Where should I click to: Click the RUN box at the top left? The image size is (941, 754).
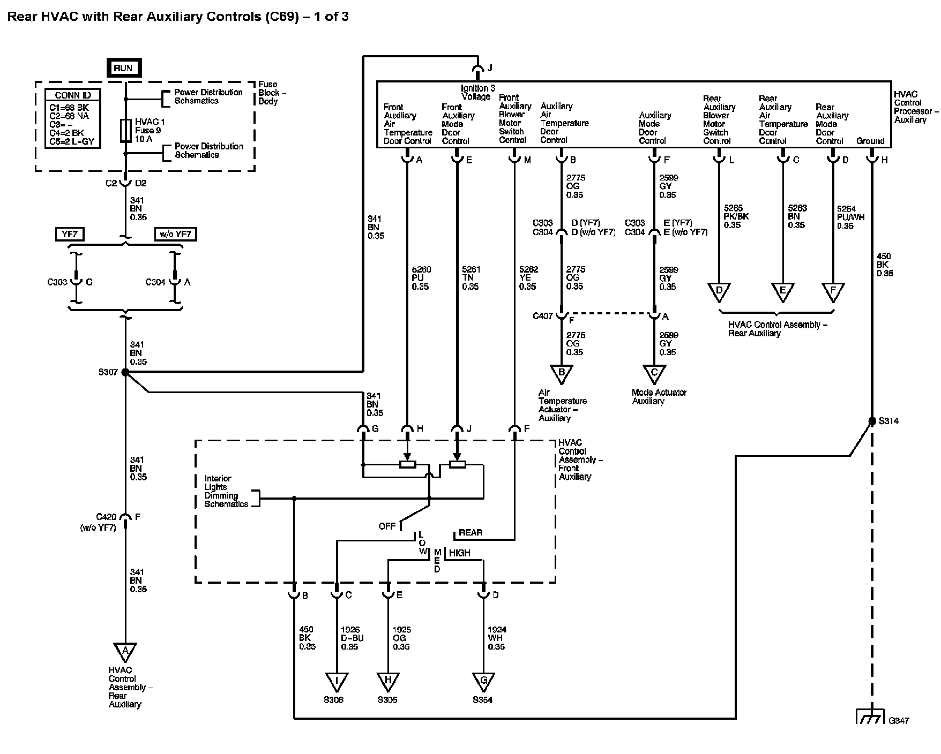(x=123, y=68)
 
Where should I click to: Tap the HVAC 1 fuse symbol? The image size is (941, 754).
(x=126, y=131)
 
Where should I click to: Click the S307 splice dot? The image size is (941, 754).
(x=125, y=372)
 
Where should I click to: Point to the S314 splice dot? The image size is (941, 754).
(x=872, y=421)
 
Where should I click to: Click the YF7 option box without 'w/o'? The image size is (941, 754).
(x=70, y=234)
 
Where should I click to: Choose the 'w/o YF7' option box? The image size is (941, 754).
(x=175, y=234)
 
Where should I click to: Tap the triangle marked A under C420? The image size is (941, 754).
(x=125, y=652)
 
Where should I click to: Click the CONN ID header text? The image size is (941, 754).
(x=73, y=95)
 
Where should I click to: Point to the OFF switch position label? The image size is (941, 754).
(x=387, y=526)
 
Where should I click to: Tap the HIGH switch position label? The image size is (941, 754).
(x=460, y=553)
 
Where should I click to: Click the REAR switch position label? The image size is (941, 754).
(x=470, y=533)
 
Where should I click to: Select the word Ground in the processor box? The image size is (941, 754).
(x=870, y=141)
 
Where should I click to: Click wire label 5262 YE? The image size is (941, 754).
(x=528, y=278)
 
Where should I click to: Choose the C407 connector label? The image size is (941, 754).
(x=543, y=316)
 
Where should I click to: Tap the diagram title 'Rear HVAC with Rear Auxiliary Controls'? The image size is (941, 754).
(x=134, y=17)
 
